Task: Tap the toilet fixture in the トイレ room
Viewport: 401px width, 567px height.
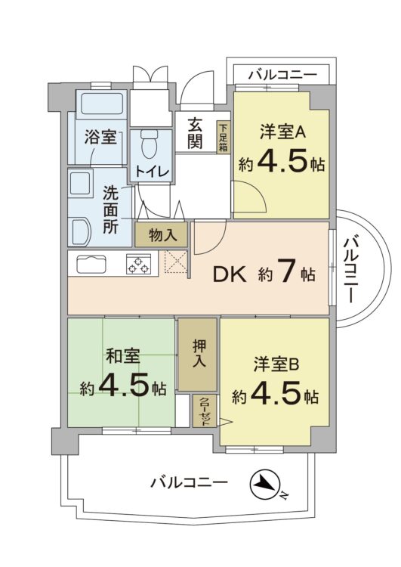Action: (149, 142)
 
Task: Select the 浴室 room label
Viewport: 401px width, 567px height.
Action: (100, 138)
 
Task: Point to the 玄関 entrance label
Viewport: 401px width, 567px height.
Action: (195, 133)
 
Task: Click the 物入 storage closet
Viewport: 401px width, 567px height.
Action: (162, 235)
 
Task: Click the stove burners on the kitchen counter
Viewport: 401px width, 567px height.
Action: (138, 265)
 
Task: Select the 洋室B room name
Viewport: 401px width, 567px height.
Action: (276, 364)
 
